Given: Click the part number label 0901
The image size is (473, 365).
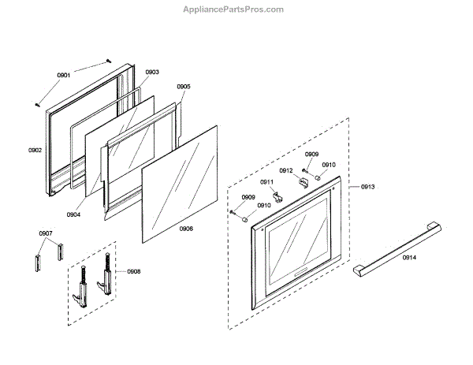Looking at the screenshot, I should click(64, 75).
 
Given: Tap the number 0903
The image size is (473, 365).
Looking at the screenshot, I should click(152, 72).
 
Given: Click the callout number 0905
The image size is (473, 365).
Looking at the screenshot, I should click(183, 87).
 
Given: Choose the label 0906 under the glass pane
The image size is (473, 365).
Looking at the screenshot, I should click(186, 229).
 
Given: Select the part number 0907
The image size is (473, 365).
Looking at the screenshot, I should click(46, 233).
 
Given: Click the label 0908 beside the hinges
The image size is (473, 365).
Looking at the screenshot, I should click(134, 271).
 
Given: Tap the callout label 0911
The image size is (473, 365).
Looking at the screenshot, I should click(266, 182).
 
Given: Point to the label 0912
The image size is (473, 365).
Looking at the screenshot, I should click(285, 170).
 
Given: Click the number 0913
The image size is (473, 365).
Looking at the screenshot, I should click(367, 187).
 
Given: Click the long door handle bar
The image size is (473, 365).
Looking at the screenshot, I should click(394, 247).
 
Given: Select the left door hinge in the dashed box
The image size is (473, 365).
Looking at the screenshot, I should click(81, 282).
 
